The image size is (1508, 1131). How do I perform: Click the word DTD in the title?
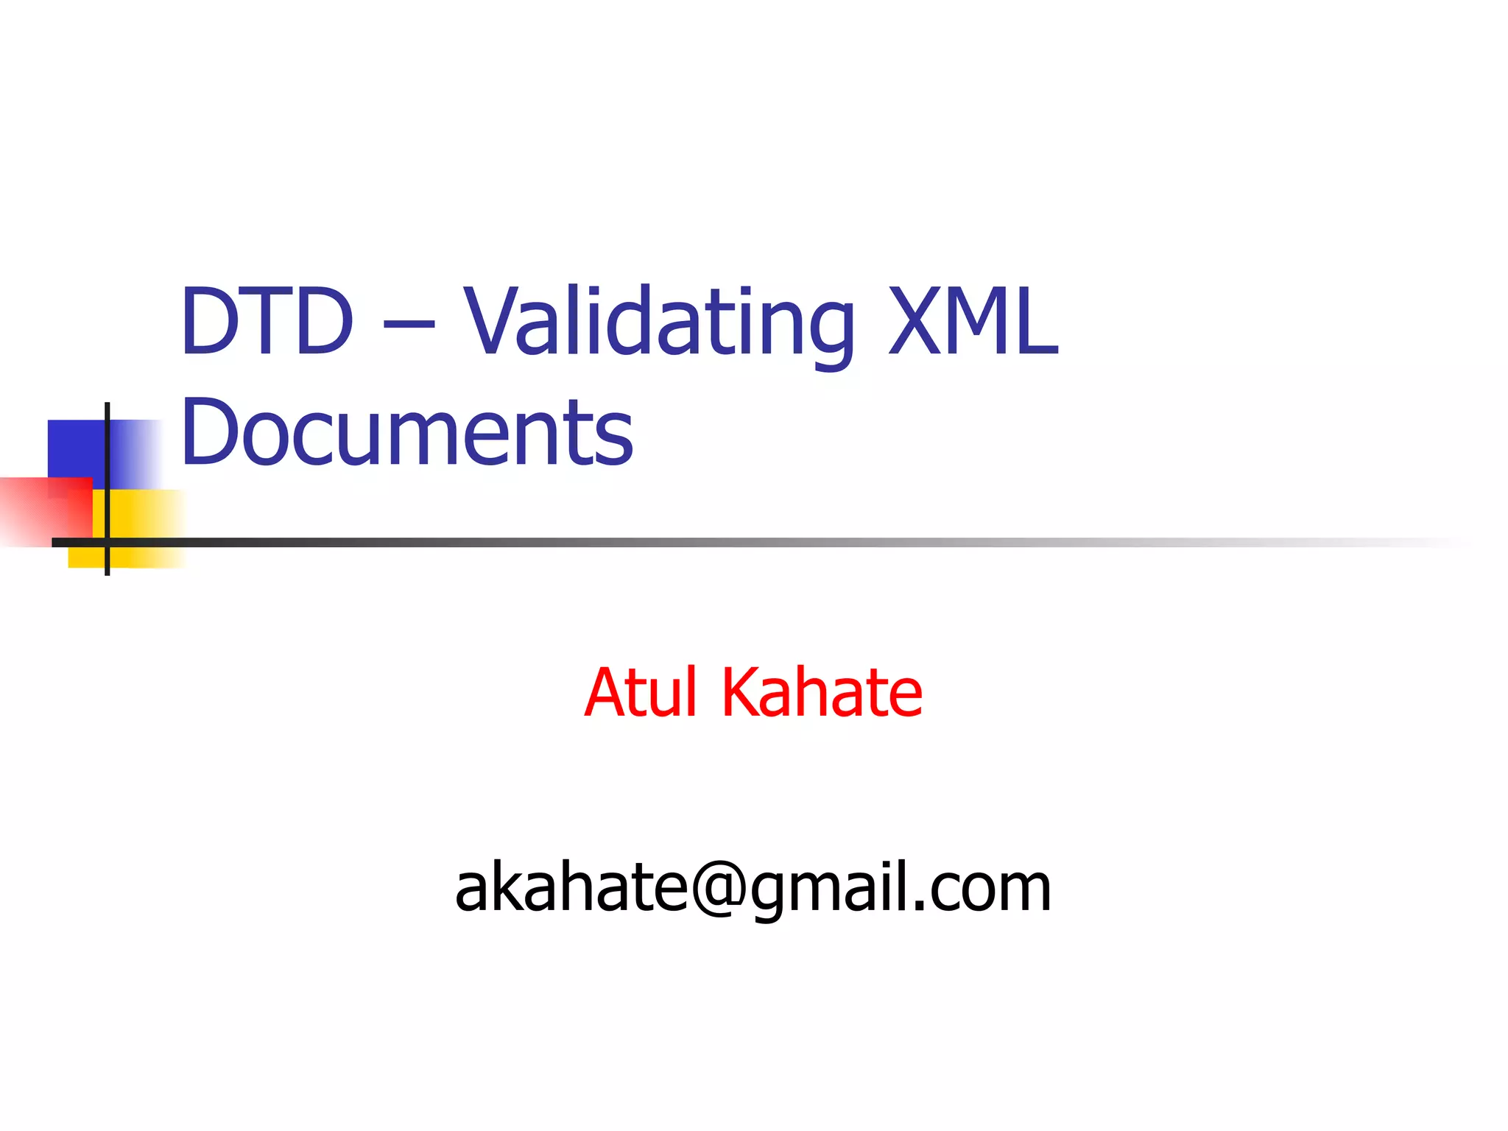267,321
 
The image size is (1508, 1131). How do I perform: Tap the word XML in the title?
973,321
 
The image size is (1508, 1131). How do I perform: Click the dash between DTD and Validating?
409,324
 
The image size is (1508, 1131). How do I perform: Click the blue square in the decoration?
74,449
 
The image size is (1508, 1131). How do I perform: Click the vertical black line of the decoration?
108,442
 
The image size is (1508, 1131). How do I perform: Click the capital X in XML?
918,321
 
